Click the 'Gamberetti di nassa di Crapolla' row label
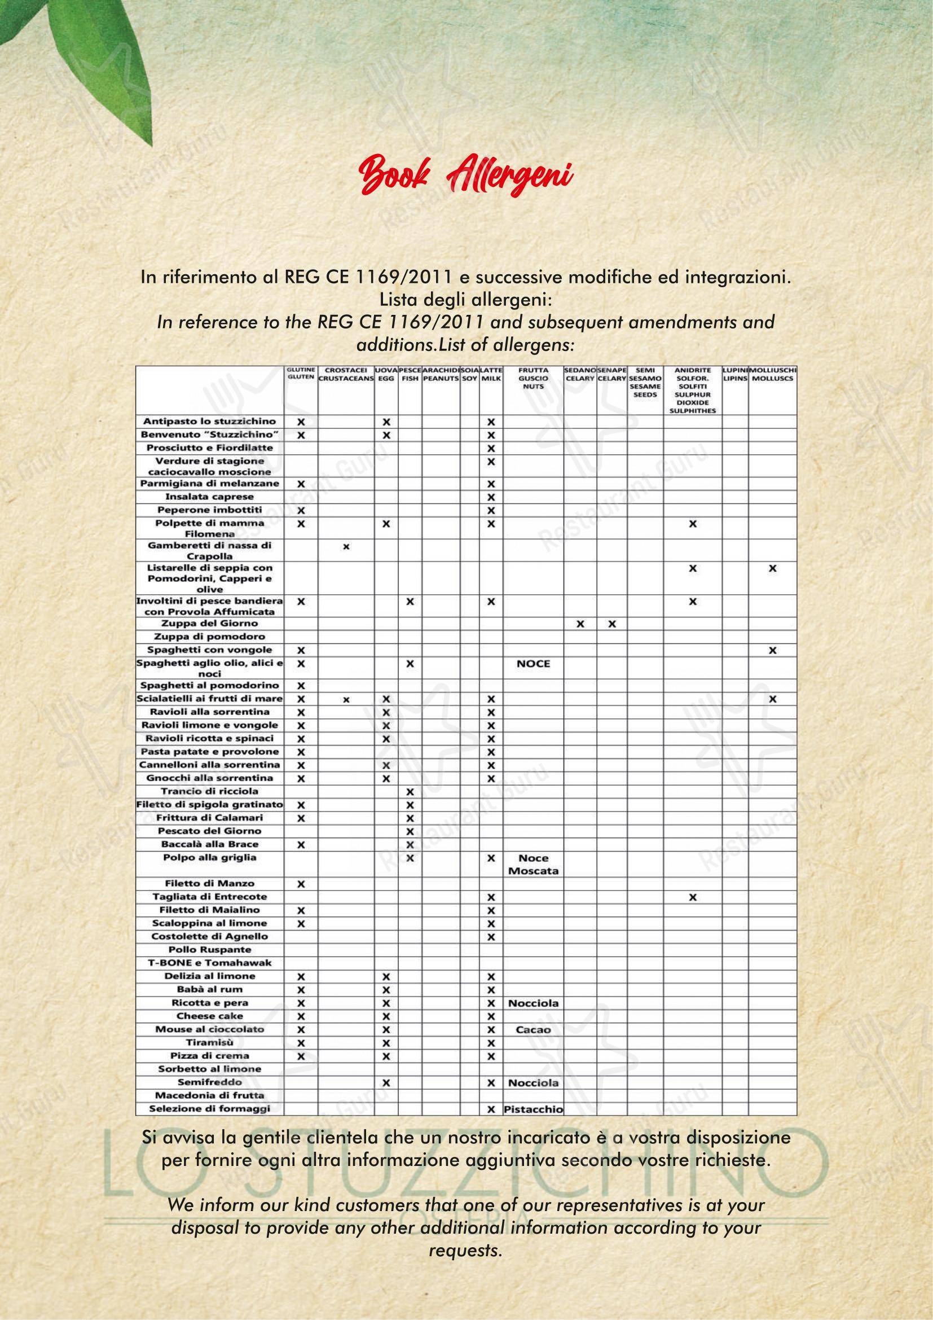click(210, 550)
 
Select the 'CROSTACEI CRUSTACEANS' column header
click(346, 374)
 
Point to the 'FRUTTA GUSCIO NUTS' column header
click(533, 378)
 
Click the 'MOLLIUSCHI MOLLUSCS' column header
click(772, 374)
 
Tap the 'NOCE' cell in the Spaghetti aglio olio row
click(533, 664)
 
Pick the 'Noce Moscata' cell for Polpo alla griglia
click(533, 864)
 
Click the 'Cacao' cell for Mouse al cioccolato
click(533, 1030)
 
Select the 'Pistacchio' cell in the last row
click(533, 1109)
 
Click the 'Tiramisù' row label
click(210, 1042)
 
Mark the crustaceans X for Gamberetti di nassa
click(346, 547)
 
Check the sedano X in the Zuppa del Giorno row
click(580, 623)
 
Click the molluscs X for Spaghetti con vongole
click(772, 650)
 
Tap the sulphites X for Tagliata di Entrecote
click(692, 897)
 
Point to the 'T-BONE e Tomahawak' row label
click(210, 962)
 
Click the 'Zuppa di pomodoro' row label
click(210, 637)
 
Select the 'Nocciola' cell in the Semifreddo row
click(533, 1082)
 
